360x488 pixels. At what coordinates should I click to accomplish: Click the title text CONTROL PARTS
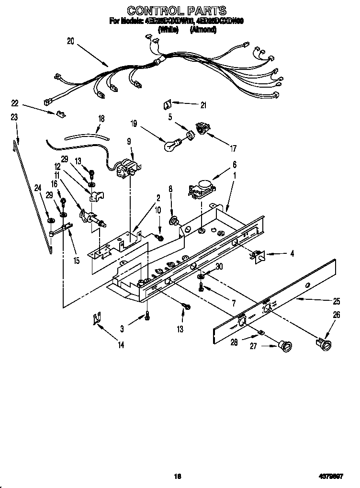tap(177, 10)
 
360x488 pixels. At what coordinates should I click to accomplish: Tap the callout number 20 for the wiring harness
tap(70, 41)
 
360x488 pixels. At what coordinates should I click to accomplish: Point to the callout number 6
tap(235, 164)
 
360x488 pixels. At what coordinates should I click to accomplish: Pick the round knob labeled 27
tap(286, 346)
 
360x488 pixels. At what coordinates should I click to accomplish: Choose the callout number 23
tap(14, 116)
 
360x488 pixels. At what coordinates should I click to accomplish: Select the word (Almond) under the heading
tap(203, 30)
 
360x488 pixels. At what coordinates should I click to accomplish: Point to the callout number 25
tap(337, 301)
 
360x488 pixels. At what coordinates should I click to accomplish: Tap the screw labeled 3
tap(147, 317)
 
